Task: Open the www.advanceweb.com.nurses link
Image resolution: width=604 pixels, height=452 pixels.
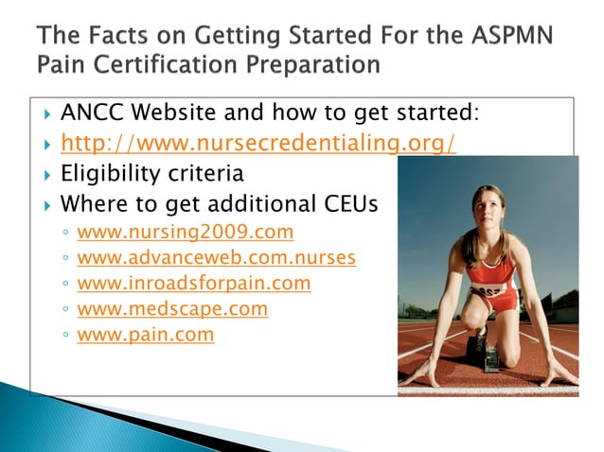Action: click(x=216, y=257)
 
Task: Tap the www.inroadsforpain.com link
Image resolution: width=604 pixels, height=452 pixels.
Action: click(x=193, y=283)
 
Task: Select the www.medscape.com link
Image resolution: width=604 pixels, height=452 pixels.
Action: click(x=171, y=308)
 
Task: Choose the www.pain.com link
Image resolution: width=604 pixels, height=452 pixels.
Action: click(x=145, y=334)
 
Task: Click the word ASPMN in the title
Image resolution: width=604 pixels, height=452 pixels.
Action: click(x=507, y=39)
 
